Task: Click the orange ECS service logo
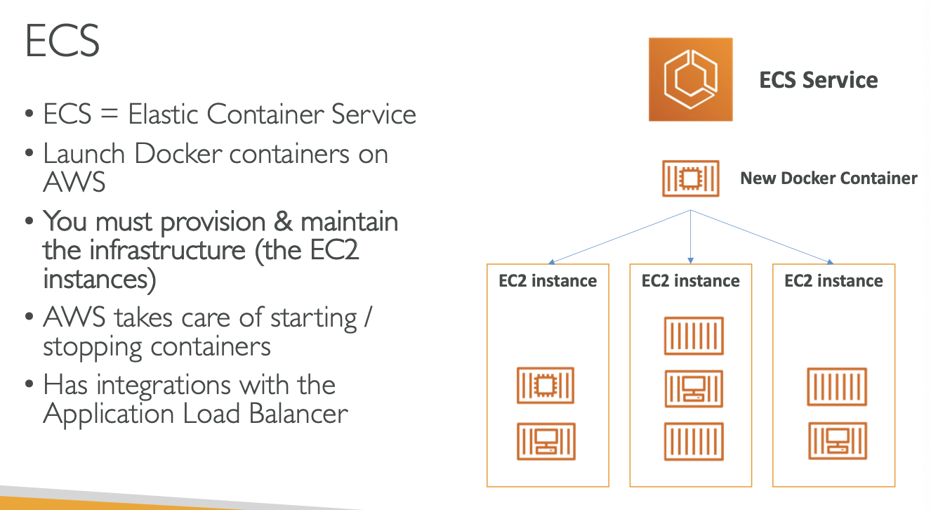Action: [x=690, y=79]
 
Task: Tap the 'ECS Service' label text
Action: [x=818, y=80]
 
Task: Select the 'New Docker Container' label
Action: [x=828, y=178]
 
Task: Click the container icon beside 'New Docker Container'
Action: [x=691, y=178]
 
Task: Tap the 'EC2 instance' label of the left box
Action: [x=548, y=281]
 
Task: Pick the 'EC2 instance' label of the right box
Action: [x=833, y=281]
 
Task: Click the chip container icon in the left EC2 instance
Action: [x=546, y=385]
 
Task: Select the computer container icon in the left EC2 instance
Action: [x=546, y=441]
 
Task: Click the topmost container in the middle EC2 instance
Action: [x=694, y=336]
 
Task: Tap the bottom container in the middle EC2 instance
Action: [x=694, y=441]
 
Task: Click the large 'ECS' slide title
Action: [x=62, y=41]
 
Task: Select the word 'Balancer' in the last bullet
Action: [x=300, y=413]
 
